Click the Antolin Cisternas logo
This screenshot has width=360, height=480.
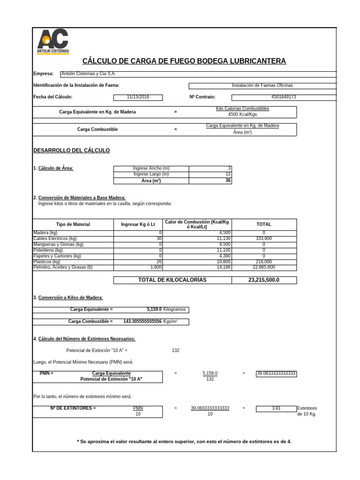point(52,41)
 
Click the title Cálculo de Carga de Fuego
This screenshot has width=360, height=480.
point(184,61)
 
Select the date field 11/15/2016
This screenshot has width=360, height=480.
point(138,97)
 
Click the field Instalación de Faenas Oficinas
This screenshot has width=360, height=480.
point(262,85)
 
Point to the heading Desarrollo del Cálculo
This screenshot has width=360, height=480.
point(71,150)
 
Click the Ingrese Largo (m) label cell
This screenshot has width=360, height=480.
point(151,174)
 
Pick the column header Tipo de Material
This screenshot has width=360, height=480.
point(73,225)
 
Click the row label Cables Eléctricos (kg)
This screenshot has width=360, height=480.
point(55,239)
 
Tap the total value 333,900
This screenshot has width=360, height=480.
point(263,239)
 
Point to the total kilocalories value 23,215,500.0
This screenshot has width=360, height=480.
point(263,280)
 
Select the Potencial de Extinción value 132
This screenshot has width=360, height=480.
point(176,350)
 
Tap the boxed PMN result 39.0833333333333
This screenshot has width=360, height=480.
point(276,374)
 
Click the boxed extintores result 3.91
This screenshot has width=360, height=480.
point(276,408)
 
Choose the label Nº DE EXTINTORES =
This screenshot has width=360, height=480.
point(73,408)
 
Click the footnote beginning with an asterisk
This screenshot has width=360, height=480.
point(184,442)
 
